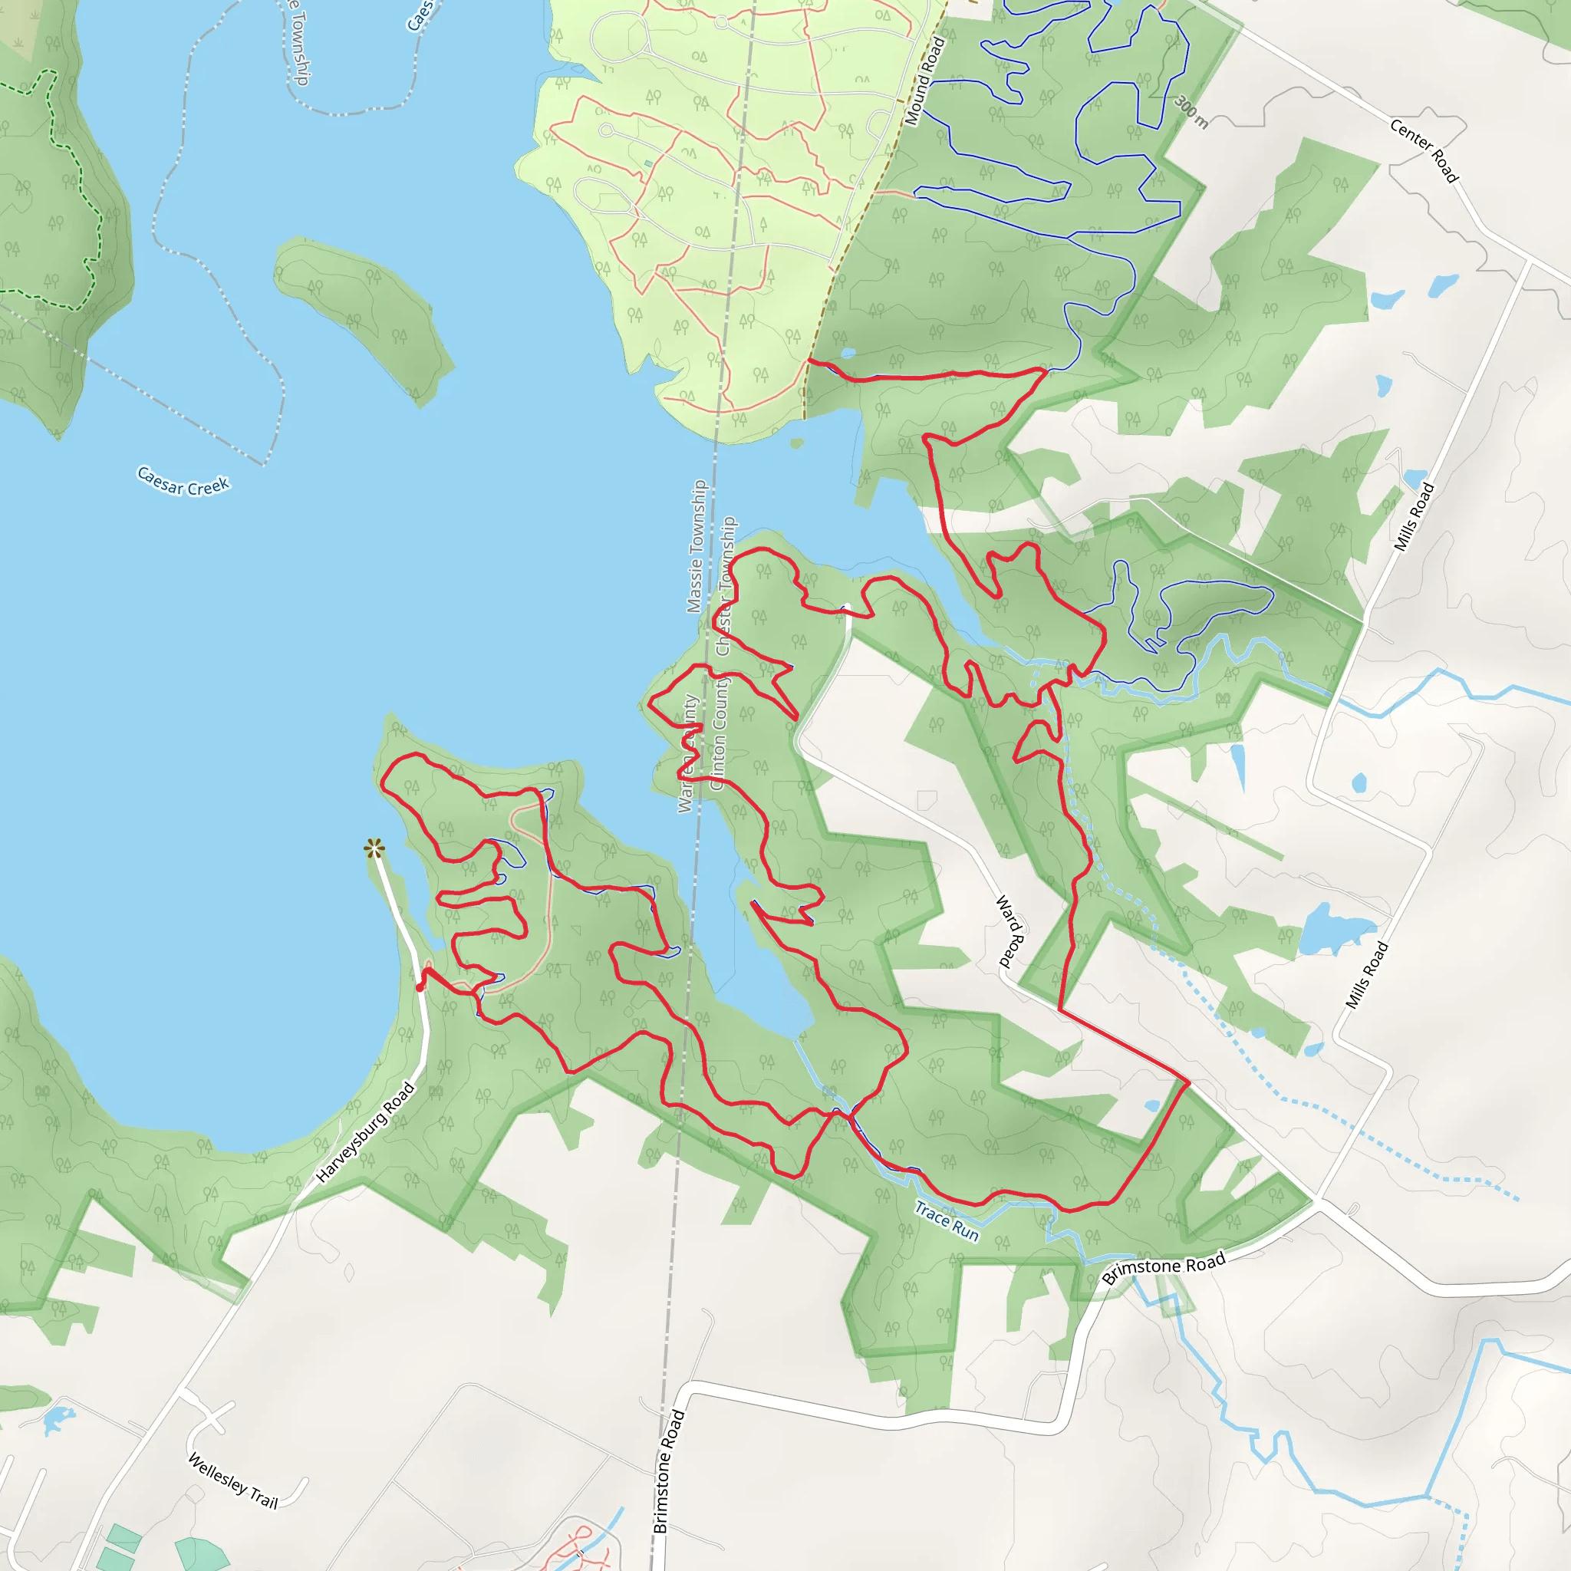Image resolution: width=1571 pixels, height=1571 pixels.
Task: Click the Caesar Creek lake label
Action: pyautogui.click(x=183, y=480)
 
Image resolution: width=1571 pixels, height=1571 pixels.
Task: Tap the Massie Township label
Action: pyautogui.click(x=696, y=545)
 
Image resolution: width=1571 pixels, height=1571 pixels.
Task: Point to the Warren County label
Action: pyautogui.click(x=688, y=753)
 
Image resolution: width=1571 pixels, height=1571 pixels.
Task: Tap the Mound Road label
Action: pyautogui.click(x=925, y=81)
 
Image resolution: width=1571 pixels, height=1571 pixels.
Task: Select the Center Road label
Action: pyautogui.click(x=1424, y=150)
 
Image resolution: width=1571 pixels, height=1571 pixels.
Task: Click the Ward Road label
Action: pyautogui.click(x=1009, y=931)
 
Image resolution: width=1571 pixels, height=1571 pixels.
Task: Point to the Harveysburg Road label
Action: pyautogui.click(x=365, y=1133)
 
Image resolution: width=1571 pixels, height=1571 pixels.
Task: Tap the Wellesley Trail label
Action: pyautogui.click(x=232, y=1480)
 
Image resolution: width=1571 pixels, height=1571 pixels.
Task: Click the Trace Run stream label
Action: pyautogui.click(x=947, y=1221)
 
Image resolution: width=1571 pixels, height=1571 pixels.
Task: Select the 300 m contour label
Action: pyautogui.click(x=1191, y=111)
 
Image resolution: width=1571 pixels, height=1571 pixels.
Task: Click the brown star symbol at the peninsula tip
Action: pyautogui.click(x=374, y=849)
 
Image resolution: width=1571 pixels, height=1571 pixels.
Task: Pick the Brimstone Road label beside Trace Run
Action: pyautogui.click(x=1163, y=1268)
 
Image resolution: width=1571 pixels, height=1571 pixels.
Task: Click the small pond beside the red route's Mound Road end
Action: pyautogui.click(x=848, y=353)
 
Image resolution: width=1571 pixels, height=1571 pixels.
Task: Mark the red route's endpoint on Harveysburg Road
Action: pyautogui.click(x=420, y=987)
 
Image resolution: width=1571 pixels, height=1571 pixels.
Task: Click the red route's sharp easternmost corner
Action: pyautogui.click(x=1189, y=1082)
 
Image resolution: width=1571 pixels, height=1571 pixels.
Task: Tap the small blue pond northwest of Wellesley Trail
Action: pyautogui.click(x=58, y=1419)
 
